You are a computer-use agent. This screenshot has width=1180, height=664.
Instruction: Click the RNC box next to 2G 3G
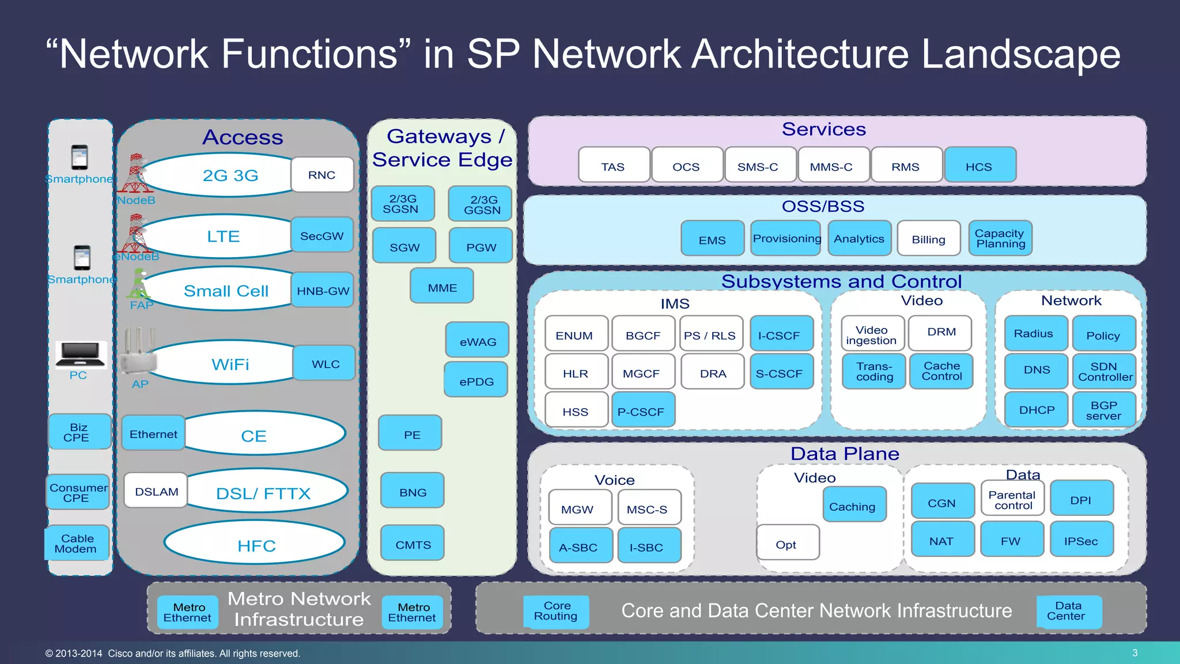tap(322, 175)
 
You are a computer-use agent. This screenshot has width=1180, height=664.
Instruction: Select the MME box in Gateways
tap(442, 286)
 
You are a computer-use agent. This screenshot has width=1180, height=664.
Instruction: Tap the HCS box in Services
tap(979, 165)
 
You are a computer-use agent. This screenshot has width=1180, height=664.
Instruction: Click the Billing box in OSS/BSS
tap(928, 239)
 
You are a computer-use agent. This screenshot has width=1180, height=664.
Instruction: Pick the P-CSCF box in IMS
tap(642, 410)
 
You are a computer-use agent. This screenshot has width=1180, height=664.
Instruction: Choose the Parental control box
tap(1012, 499)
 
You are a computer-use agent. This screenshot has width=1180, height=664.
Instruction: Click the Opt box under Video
tap(787, 543)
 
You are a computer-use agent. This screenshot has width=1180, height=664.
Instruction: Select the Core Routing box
tap(556, 611)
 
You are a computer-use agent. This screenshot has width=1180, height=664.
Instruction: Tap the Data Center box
tap(1068, 611)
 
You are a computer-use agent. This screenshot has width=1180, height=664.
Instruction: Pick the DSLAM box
tap(156, 491)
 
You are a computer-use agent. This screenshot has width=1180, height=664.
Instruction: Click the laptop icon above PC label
tap(80, 354)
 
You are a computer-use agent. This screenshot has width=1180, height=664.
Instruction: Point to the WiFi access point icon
tap(138, 353)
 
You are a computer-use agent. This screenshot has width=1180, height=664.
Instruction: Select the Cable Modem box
tap(77, 543)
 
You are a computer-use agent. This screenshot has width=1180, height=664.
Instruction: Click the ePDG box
tap(476, 380)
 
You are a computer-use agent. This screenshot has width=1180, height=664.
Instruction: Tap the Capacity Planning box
tap(1000, 238)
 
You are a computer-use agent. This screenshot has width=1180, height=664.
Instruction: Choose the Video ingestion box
tap(872, 334)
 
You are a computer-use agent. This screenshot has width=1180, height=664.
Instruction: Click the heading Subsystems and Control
tap(841, 281)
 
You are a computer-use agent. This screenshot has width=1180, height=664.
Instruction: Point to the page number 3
tap(1134, 652)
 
